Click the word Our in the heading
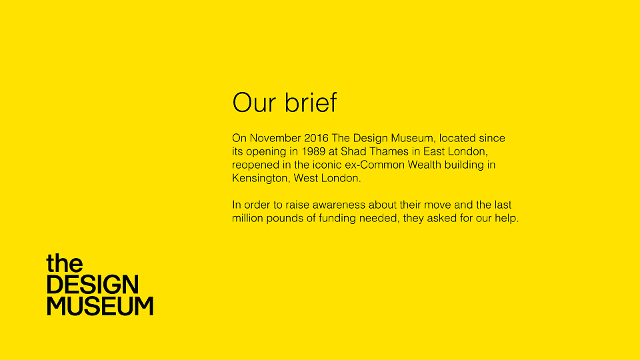pyautogui.click(x=254, y=103)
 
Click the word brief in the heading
pyautogui.click(x=311, y=101)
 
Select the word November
pyautogui.click(x=275, y=138)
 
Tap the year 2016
pyautogui.click(x=316, y=138)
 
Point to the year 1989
pyautogui.click(x=313, y=151)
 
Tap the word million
pyautogui.click(x=248, y=219)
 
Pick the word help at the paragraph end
pyautogui.click(x=507, y=219)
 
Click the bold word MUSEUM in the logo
pyautogui.click(x=101, y=306)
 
